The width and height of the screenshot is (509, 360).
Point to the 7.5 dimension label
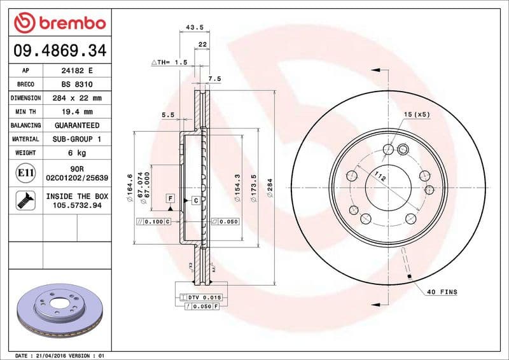214,79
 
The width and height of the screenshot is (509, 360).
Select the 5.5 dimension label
168,114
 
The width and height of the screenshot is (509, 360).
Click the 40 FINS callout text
442,292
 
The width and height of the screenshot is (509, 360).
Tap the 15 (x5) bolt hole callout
417,114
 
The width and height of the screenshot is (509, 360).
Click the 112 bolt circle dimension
380,177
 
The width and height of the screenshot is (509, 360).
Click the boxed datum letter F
170,198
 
